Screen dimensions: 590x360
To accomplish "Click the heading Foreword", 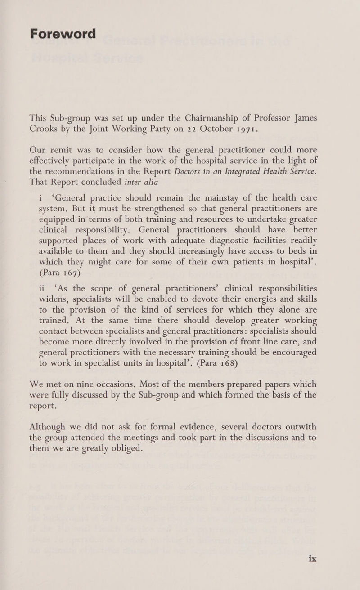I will click(63, 34).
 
